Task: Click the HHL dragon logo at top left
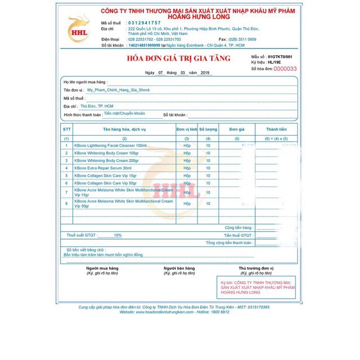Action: [78, 28]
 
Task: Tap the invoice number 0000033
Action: [285, 69]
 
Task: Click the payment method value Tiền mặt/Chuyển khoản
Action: [124, 113]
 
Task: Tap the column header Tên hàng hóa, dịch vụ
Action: [124, 129]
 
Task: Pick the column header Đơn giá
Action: [237, 129]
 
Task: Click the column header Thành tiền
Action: [276, 129]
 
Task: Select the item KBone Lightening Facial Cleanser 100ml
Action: [110, 146]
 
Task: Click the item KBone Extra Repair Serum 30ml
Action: [103, 168]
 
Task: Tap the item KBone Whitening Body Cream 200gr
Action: [106, 160]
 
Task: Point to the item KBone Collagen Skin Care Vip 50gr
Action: [105, 183]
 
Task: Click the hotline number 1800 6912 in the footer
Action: [220, 312]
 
